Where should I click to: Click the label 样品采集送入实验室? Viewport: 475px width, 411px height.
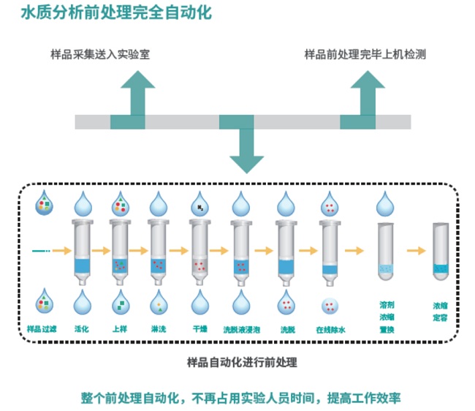[x=99, y=55]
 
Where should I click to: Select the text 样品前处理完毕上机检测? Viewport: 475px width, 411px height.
[x=365, y=55]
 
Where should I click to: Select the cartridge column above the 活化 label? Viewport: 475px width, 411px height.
[x=82, y=249]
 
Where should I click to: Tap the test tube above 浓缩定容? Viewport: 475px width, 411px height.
[x=440, y=253]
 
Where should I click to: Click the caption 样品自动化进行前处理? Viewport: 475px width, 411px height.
[x=242, y=361]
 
